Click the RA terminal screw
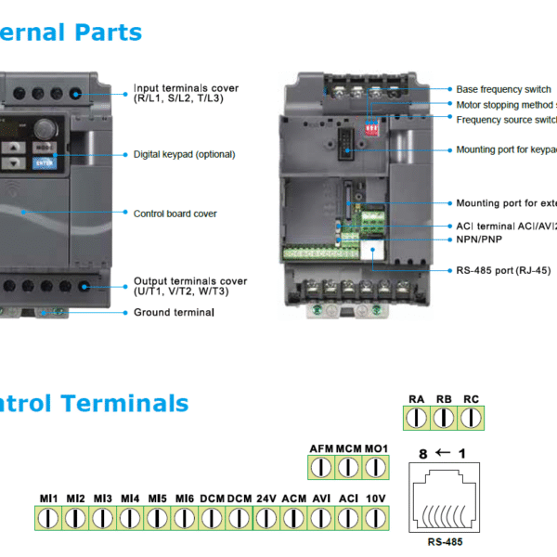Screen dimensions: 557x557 416,419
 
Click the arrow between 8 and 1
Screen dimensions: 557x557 443,454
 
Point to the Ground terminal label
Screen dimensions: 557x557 174,313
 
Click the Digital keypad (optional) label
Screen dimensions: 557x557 184,154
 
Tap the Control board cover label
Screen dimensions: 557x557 175,214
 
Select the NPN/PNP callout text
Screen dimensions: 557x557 479,239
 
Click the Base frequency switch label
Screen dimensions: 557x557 503,89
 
